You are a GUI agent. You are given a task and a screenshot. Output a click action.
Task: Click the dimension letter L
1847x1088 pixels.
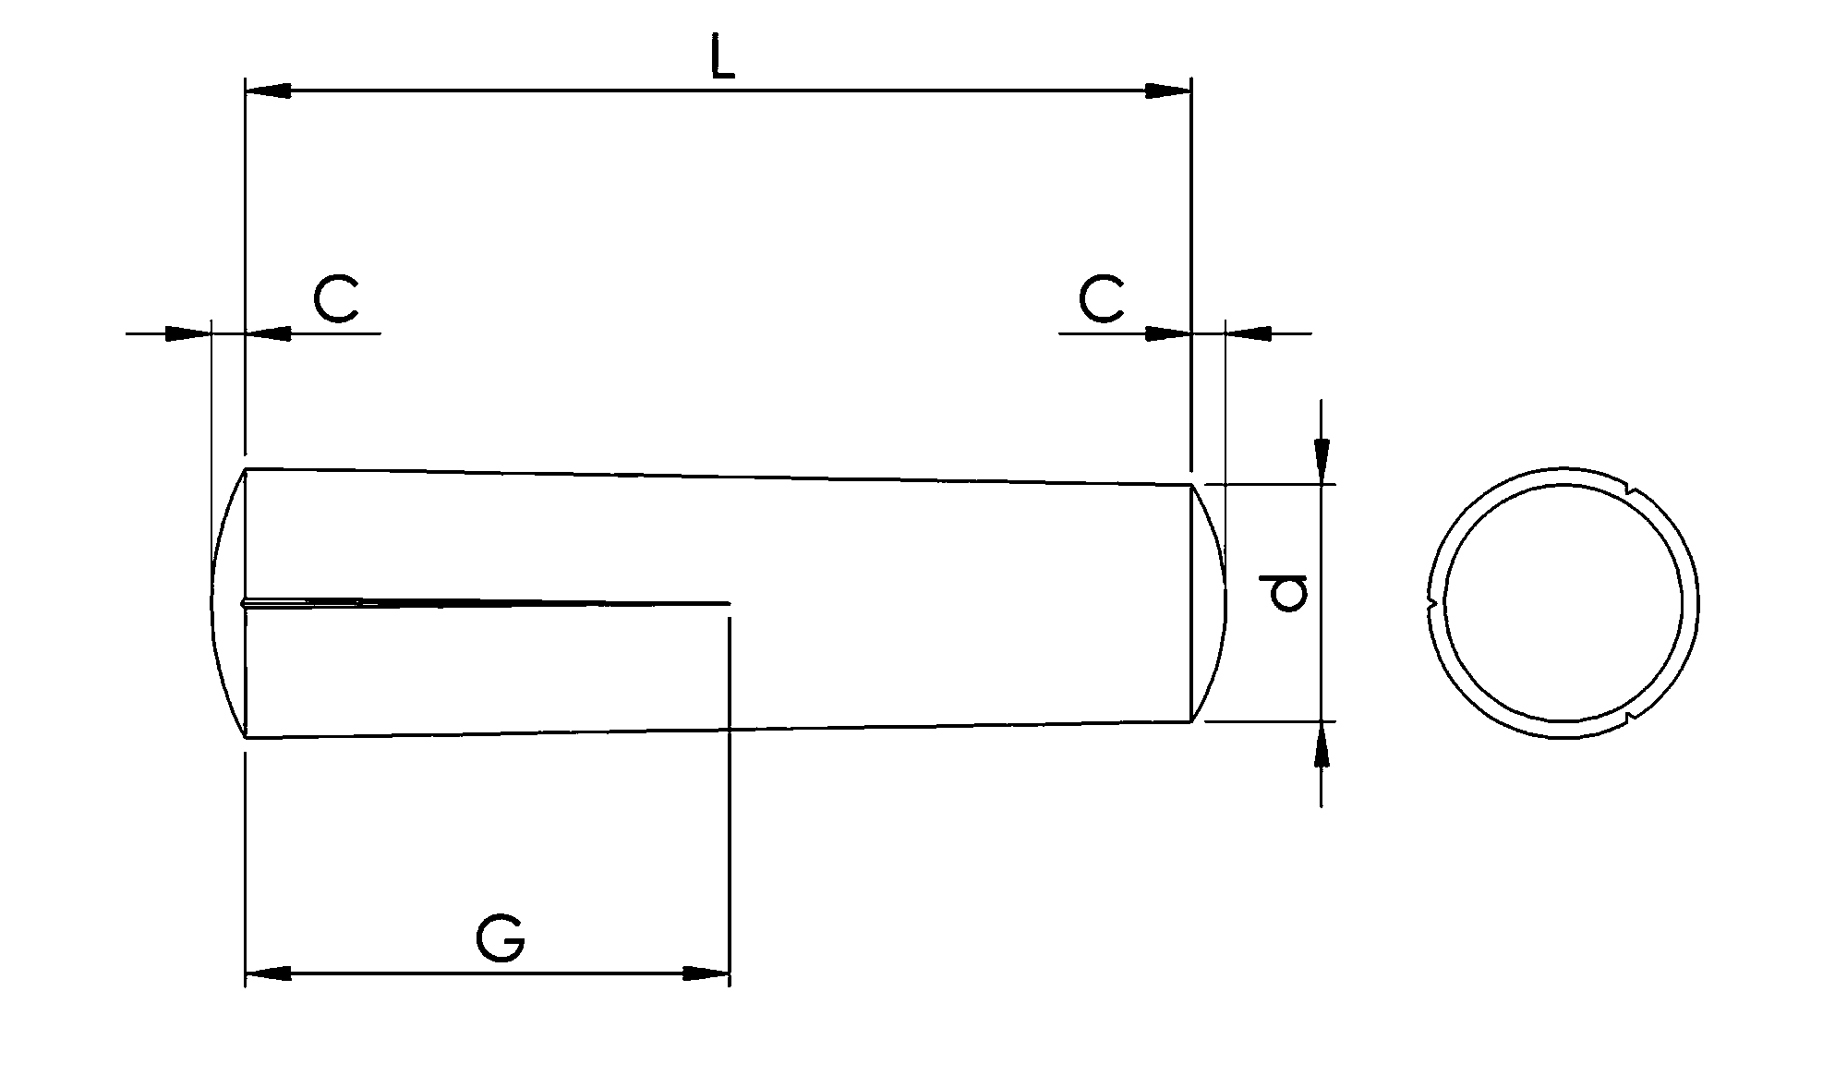(x=722, y=58)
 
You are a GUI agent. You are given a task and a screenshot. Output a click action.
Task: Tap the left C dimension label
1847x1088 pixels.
(x=335, y=298)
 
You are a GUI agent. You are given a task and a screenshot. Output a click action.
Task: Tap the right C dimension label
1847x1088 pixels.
(x=1101, y=298)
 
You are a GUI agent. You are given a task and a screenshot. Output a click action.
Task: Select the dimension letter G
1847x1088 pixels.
(x=501, y=939)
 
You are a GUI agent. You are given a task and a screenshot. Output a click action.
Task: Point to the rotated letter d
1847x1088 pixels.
(x=1287, y=593)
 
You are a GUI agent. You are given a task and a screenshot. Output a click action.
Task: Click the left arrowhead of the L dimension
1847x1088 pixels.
(x=268, y=91)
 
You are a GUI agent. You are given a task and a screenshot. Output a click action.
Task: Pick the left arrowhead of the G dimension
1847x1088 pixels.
(x=268, y=973)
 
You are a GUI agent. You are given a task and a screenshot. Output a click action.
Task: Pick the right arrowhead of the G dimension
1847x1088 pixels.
(x=706, y=973)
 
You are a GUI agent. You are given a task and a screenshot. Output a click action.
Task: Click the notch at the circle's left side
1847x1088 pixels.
(x=1431, y=603)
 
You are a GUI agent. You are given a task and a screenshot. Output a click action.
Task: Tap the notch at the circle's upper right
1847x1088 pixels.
(x=1633, y=490)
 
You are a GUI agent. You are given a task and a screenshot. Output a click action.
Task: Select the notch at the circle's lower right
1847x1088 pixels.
(x=1631, y=715)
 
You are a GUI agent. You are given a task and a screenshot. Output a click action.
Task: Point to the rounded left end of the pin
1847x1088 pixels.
(x=222, y=603)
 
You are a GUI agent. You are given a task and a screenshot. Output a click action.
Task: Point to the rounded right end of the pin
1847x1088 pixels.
(x=1217, y=603)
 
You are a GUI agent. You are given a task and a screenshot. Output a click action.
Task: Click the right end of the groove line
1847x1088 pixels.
(x=729, y=603)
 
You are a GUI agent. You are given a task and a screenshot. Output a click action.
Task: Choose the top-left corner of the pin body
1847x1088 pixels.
(x=245, y=469)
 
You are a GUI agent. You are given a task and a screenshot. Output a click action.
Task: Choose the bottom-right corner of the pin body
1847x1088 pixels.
(x=1189, y=721)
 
